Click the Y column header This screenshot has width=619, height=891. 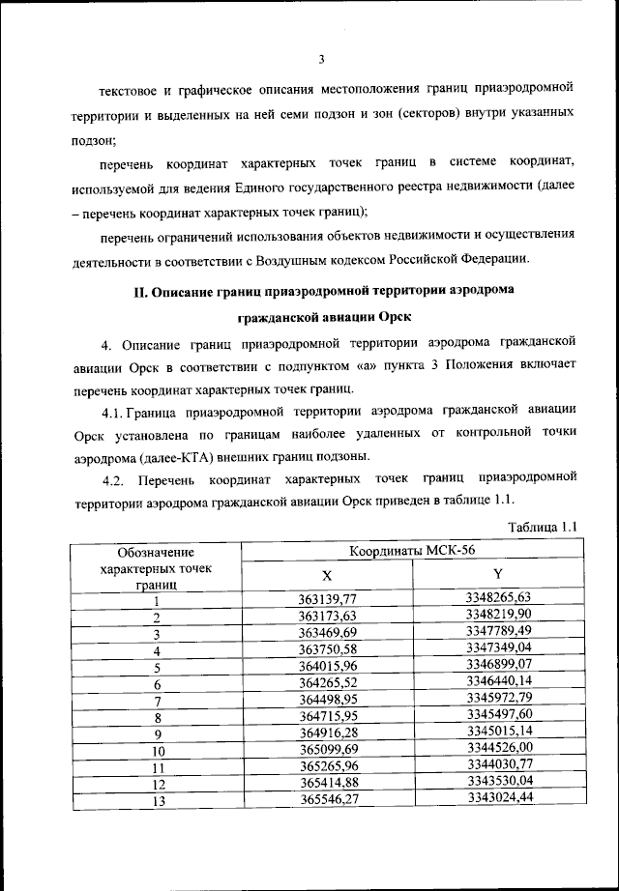[497, 574]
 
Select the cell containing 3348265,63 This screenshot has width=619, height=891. [498, 597]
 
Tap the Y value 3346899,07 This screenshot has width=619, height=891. [498, 665]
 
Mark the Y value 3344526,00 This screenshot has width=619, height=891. [498, 748]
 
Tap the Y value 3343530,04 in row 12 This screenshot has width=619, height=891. [498, 782]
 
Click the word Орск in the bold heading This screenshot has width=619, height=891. [377, 316]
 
